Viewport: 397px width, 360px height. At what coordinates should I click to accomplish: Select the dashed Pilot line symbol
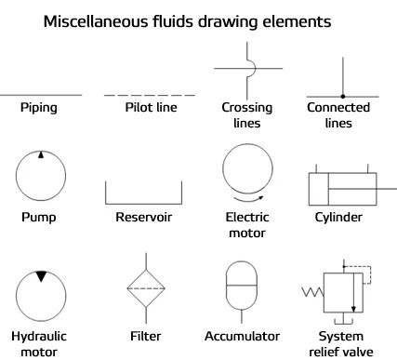[x=138, y=95]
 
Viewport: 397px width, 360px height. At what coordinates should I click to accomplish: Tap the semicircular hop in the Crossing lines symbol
[x=244, y=68]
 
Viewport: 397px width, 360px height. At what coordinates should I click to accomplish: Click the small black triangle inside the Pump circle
[x=40, y=155]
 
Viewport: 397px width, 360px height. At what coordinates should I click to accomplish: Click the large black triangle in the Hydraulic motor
[x=40, y=275]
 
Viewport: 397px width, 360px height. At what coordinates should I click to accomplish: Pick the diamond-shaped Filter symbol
[x=139, y=289]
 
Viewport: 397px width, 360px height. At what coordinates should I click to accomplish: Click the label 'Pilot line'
[x=138, y=108]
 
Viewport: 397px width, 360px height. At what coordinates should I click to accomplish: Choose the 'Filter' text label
[x=139, y=336]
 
